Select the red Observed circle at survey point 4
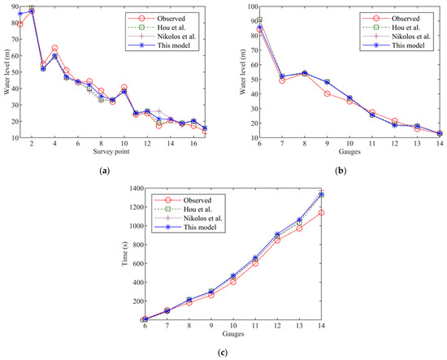[54, 49]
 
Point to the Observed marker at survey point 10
[124, 88]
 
